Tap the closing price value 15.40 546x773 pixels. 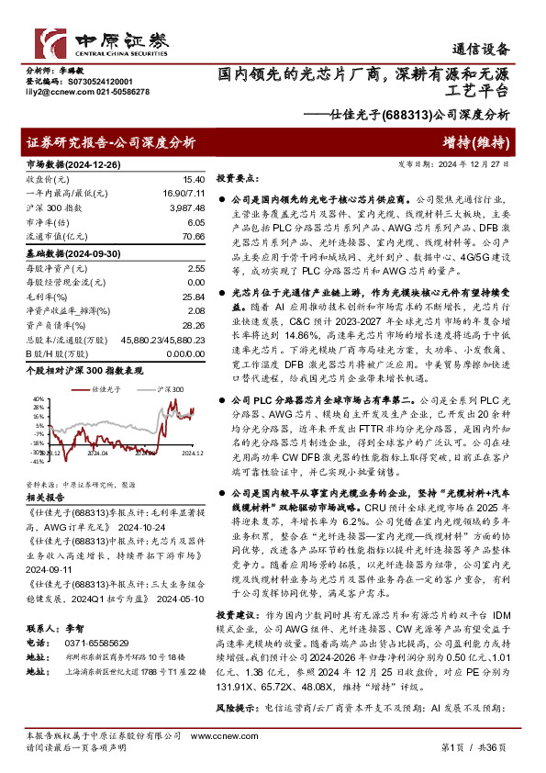point(194,180)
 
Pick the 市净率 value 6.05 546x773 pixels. point(195,223)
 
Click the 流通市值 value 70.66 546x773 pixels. point(191,237)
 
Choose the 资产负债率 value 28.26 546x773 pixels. point(194,326)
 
